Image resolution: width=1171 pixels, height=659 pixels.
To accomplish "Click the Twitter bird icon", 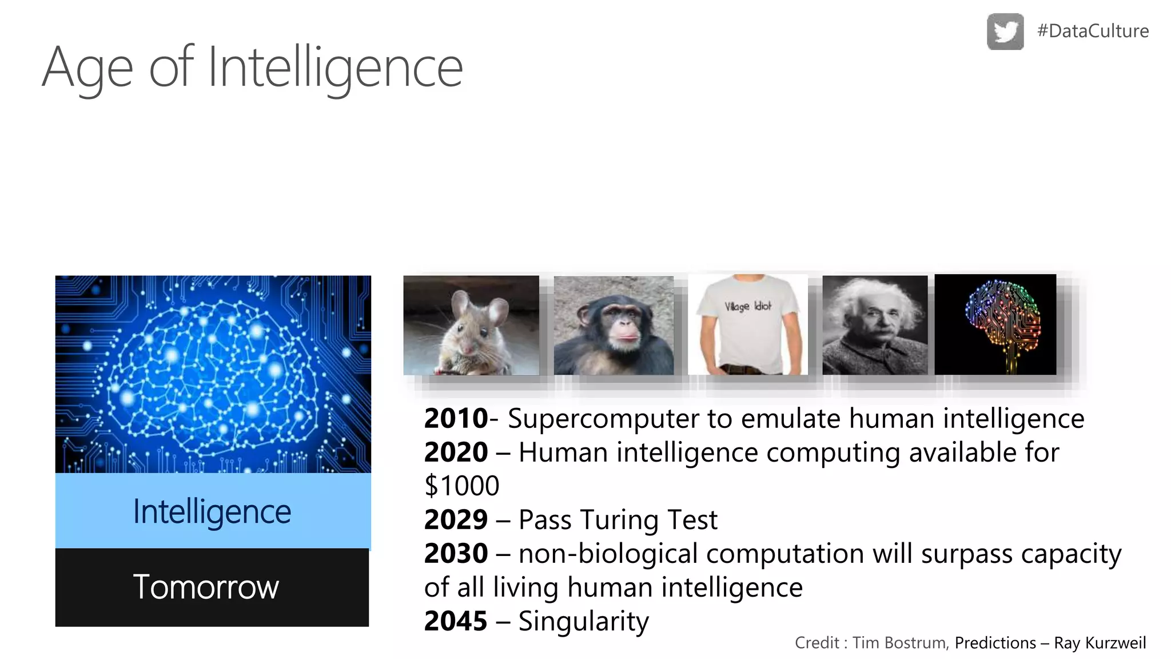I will [x=1005, y=31].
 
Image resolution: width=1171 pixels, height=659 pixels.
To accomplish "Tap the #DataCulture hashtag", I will [x=1093, y=31].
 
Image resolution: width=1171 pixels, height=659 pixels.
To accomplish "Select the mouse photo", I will [x=471, y=325].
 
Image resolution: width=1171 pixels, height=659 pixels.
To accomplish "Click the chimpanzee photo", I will [x=614, y=325].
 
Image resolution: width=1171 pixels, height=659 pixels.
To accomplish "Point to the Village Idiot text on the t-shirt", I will [x=748, y=306].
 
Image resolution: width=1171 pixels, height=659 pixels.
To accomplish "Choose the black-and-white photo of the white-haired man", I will [x=875, y=325].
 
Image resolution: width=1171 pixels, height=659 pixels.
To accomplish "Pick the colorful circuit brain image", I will [x=995, y=324].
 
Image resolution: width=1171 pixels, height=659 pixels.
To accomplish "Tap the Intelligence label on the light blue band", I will [x=212, y=511].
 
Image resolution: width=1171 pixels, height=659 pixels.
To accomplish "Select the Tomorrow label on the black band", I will [x=206, y=587].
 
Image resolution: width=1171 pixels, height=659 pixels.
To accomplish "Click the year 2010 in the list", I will [x=456, y=418].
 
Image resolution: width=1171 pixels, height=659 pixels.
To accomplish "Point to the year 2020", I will [x=456, y=452].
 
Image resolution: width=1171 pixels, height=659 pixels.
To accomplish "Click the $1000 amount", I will [x=462, y=486].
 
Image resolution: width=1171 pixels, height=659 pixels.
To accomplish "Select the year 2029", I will [x=456, y=519].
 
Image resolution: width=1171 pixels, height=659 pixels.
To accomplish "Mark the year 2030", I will [x=456, y=553].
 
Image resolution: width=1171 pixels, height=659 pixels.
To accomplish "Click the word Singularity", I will [x=583, y=621].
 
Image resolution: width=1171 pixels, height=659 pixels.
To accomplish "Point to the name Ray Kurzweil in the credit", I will [x=1100, y=643].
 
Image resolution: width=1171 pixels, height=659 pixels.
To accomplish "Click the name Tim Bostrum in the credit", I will [x=899, y=643].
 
